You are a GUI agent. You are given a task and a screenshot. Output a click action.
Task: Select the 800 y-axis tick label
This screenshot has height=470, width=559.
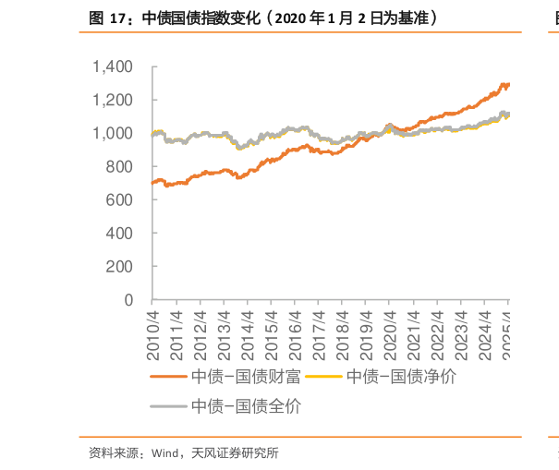pyautogui.click(x=121, y=166)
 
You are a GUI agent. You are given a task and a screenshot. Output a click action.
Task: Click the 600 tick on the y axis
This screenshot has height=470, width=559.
pyautogui.click(x=121, y=199)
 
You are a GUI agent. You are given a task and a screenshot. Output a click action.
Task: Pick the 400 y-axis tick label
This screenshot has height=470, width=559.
pyautogui.click(x=121, y=233)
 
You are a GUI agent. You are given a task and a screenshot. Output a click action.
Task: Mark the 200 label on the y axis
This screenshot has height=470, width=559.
pyautogui.click(x=121, y=266)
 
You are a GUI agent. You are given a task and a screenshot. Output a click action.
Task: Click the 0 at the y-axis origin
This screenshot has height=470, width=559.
pyautogui.click(x=129, y=300)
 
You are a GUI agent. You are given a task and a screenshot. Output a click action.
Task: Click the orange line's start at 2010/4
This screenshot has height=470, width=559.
pyautogui.click(x=152, y=182)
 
